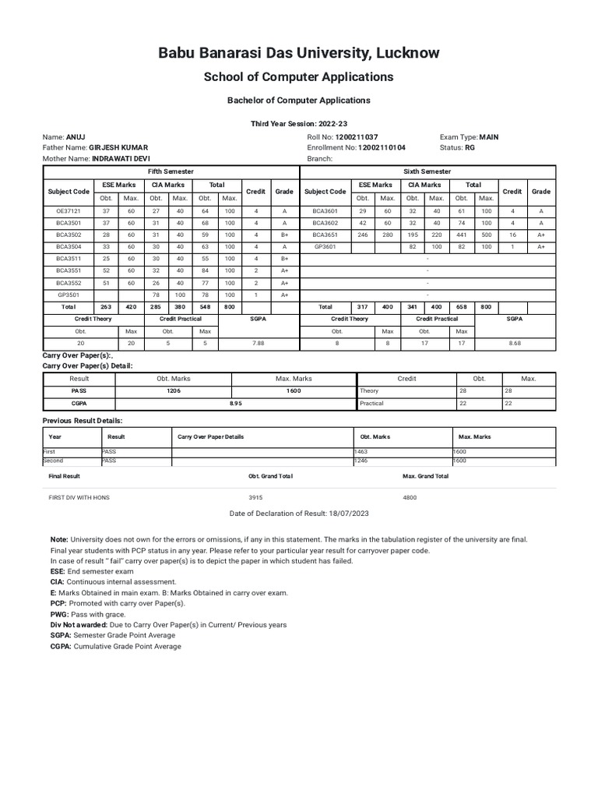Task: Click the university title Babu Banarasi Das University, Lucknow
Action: (299, 53)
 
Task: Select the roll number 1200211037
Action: (356, 136)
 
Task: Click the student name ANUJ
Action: (76, 136)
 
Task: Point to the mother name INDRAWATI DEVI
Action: (120, 158)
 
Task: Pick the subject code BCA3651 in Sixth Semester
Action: (325, 235)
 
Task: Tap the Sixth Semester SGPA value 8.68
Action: (515, 342)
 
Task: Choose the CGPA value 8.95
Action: (236, 403)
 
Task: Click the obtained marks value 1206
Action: (174, 390)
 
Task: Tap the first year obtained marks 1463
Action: (362, 451)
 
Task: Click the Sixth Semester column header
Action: (427, 171)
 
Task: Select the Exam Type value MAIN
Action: (490, 136)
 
